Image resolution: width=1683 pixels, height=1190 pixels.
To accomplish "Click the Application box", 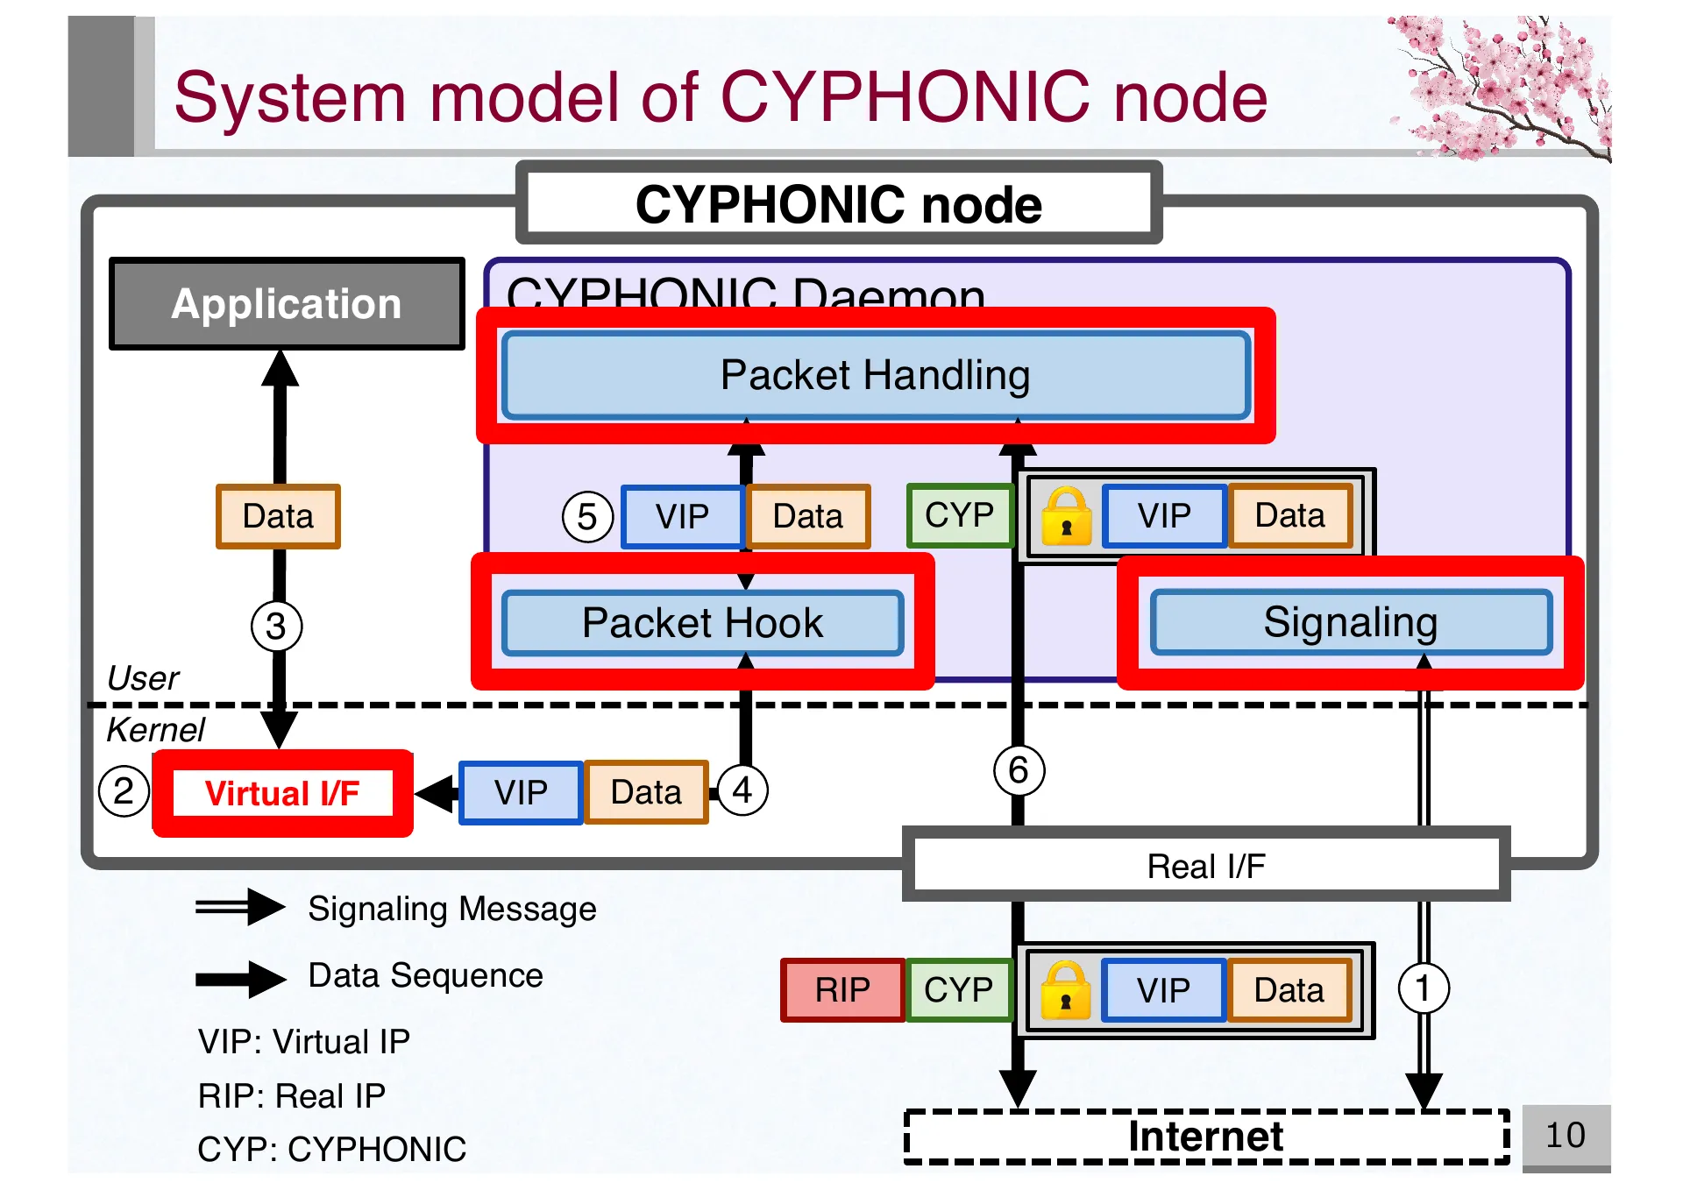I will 286,304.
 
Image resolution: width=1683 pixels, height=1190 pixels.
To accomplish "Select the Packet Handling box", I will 875,376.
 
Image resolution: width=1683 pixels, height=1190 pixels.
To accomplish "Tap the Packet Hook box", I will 702,623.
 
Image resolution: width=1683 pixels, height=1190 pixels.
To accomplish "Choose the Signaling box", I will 1350,622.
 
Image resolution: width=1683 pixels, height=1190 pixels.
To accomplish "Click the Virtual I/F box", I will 282,793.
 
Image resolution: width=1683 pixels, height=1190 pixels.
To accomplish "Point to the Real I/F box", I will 1205,866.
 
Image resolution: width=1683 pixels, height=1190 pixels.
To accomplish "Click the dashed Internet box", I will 1205,1137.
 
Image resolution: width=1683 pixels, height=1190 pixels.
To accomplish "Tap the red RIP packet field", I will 841,990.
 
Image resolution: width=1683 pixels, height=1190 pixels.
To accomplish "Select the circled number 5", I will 586,517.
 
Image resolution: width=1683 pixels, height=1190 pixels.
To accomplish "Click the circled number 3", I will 276,627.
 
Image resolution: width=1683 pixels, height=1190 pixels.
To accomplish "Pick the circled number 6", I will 1018,770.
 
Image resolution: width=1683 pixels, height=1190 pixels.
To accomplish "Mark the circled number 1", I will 1423,988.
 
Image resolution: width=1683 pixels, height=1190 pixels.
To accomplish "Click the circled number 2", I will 124,791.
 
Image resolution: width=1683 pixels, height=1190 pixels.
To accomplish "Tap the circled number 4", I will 742,790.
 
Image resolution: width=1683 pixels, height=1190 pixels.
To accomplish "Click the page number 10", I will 1565,1136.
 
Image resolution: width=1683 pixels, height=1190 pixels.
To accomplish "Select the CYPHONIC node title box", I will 839,204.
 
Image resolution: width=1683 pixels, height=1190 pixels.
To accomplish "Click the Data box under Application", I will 278,517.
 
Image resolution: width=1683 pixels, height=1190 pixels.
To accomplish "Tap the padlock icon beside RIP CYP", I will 1065,991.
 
